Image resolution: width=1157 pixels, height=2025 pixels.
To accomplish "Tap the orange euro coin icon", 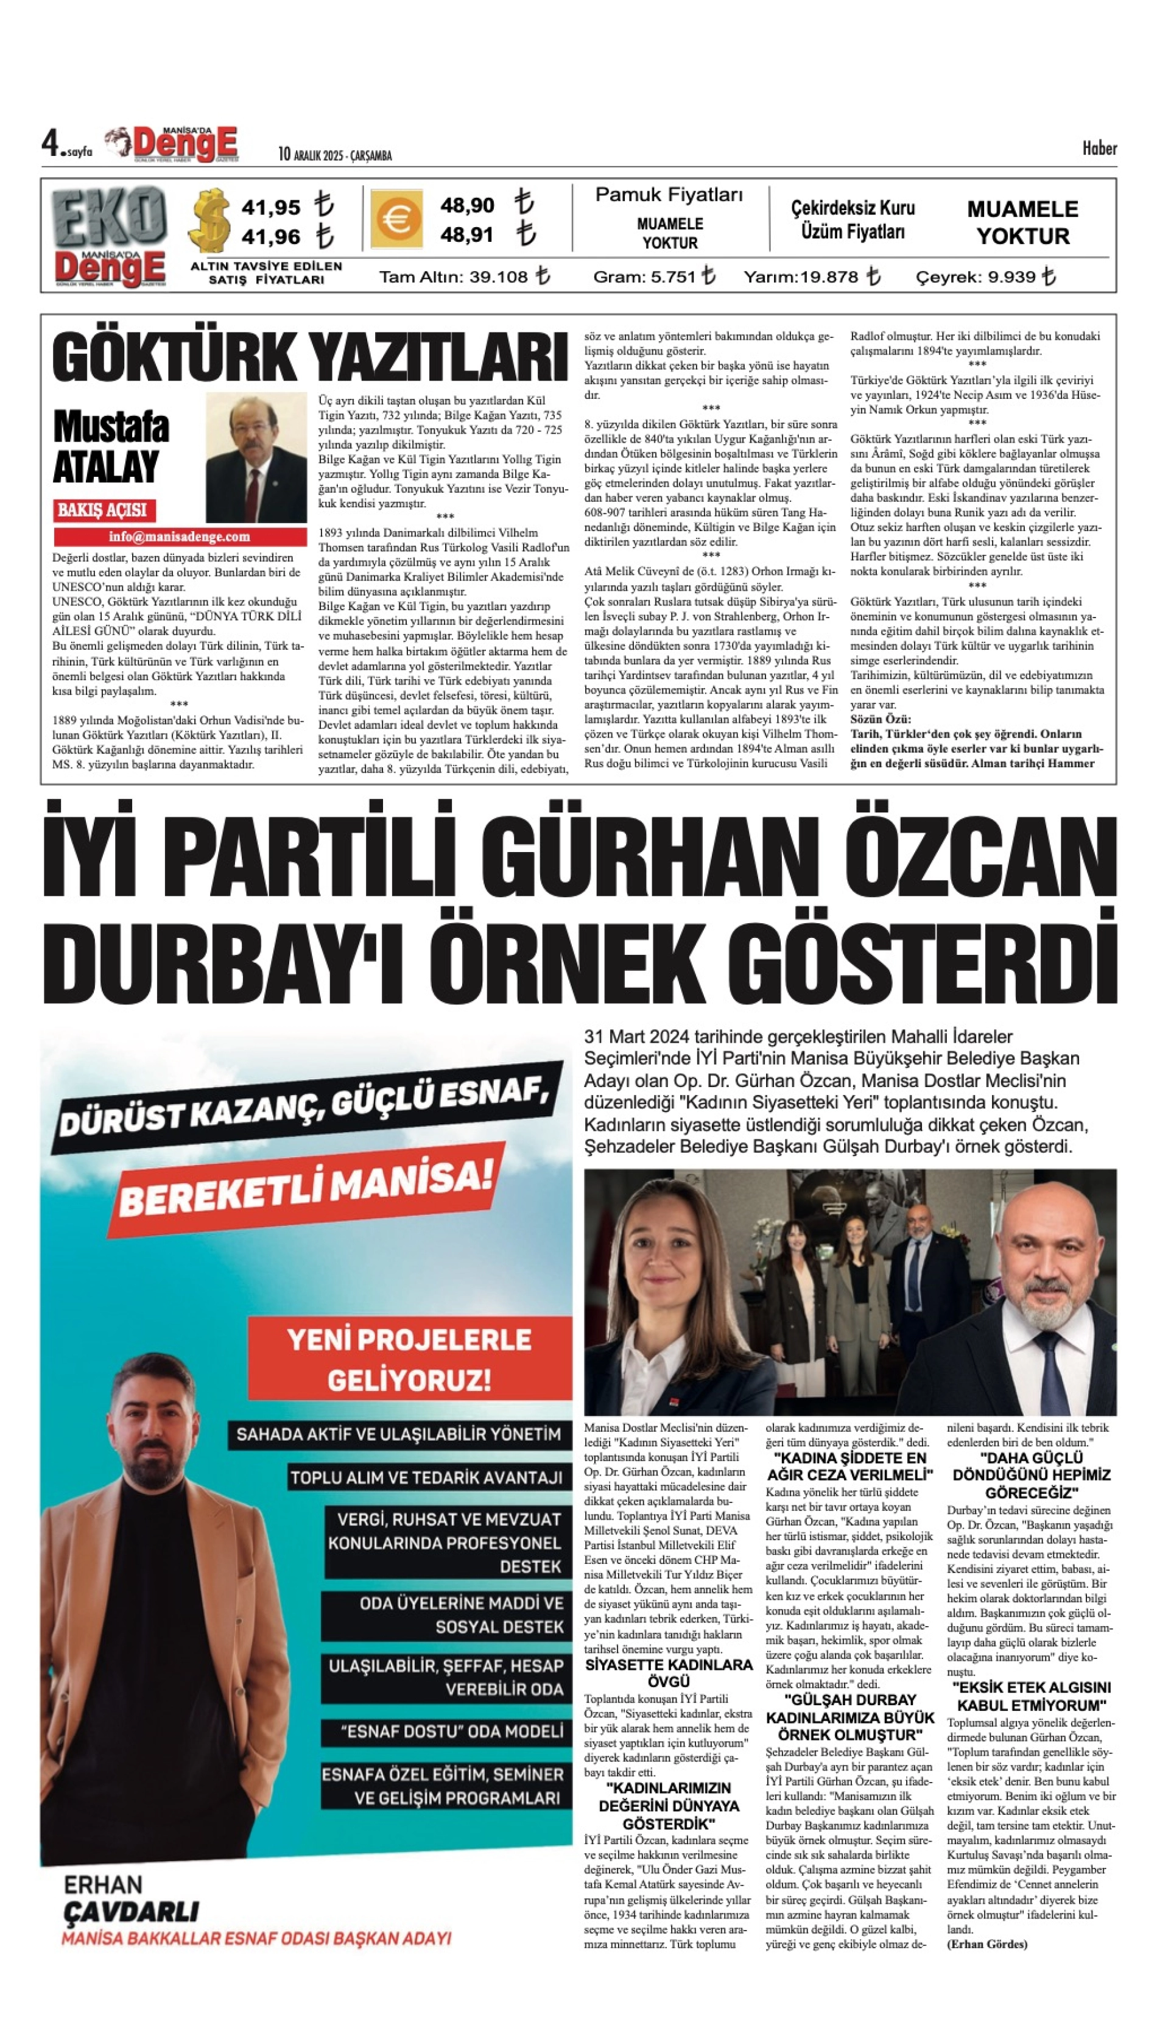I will [x=395, y=220].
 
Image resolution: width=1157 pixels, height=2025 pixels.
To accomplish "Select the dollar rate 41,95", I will [x=271, y=208].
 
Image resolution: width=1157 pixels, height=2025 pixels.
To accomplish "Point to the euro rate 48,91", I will [x=467, y=235].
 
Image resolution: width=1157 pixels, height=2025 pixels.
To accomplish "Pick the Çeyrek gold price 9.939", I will [x=999, y=277].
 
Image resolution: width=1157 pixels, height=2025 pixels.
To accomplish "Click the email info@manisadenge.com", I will [x=180, y=537].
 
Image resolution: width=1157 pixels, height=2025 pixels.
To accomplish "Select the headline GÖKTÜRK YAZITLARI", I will [x=310, y=357].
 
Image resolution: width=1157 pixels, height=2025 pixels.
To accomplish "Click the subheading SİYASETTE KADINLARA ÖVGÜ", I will [x=668, y=1673].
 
